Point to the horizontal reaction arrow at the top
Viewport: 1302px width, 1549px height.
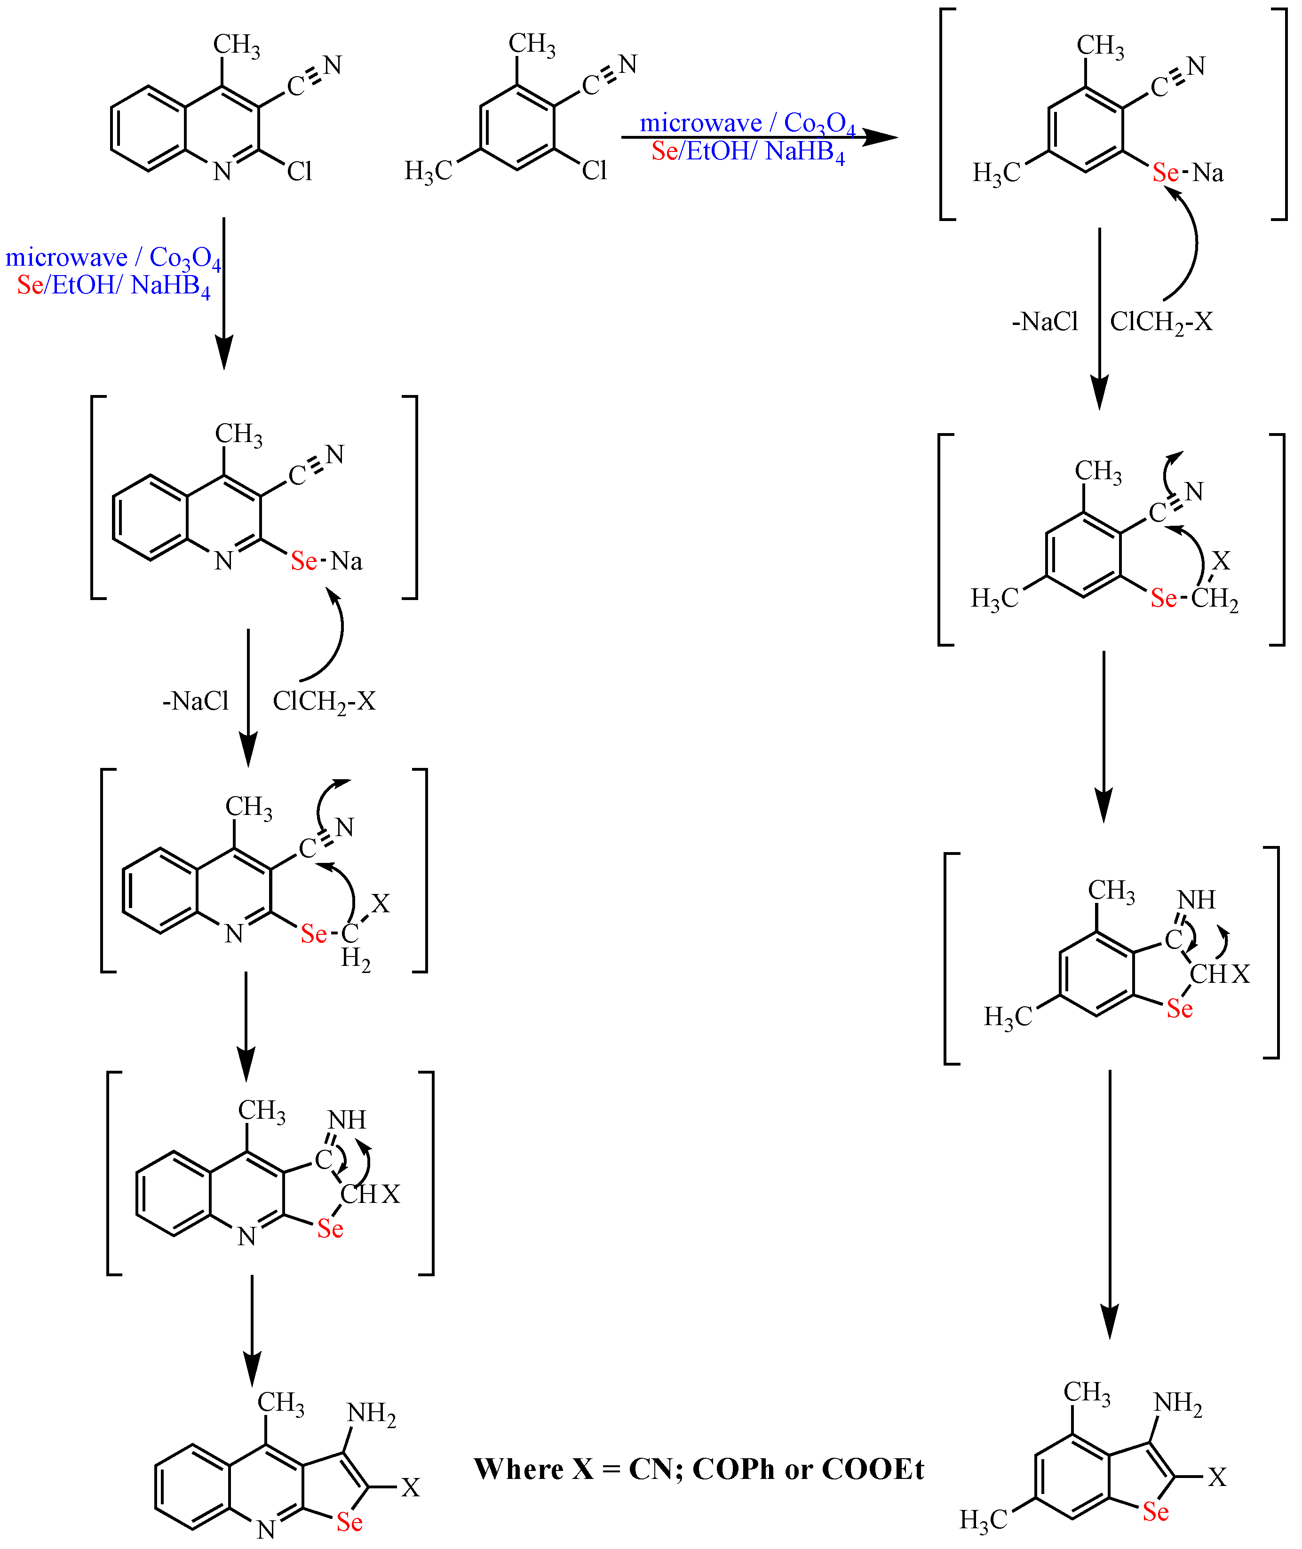(760, 136)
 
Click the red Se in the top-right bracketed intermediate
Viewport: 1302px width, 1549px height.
(1166, 173)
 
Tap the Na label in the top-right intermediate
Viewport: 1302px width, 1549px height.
(1208, 173)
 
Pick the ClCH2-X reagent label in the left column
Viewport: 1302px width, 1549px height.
(324, 702)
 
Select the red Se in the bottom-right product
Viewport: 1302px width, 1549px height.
(1156, 1512)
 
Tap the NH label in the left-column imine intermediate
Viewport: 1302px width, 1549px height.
(347, 1120)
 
